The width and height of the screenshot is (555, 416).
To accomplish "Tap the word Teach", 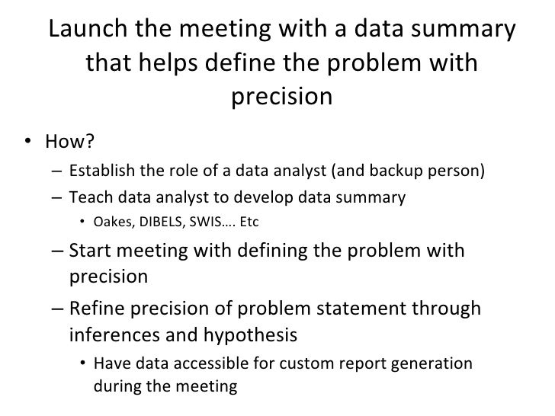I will pyautogui.click(x=86, y=198).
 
